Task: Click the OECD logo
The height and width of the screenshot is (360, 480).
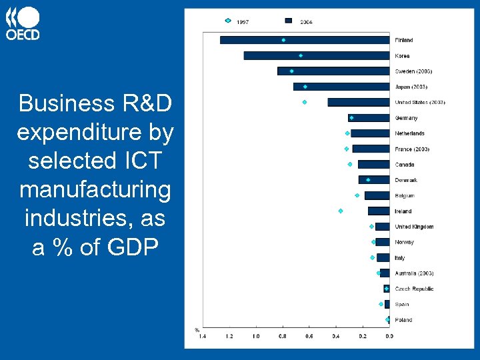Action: (x=23, y=24)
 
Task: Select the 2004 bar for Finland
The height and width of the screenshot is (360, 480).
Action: (x=304, y=40)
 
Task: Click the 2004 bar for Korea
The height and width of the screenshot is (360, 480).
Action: (x=316, y=55)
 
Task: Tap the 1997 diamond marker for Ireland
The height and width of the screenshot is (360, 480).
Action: (x=341, y=211)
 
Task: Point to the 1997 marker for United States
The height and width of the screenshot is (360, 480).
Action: (x=305, y=102)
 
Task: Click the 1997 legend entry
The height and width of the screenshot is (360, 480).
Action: (x=237, y=21)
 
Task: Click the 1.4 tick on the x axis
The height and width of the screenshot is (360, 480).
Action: (x=203, y=336)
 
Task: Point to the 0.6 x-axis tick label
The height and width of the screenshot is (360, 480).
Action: (x=309, y=336)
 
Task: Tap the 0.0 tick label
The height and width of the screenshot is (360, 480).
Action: (x=389, y=336)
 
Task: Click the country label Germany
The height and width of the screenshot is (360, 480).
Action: (x=406, y=118)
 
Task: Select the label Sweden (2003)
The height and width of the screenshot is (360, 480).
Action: (x=413, y=71)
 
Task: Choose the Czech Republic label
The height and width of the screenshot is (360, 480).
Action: (x=414, y=289)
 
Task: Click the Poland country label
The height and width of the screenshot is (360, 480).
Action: (x=403, y=320)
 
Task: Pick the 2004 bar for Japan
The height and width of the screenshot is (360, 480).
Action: (x=341, y=87)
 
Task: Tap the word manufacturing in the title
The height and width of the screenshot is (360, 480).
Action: (x=95, y=189)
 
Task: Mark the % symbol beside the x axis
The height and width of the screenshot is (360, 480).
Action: (x=197, y=329)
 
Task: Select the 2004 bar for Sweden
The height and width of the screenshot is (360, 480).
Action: (x=333, y=71)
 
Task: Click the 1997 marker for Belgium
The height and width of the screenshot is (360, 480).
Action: (x=357, y=195)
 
